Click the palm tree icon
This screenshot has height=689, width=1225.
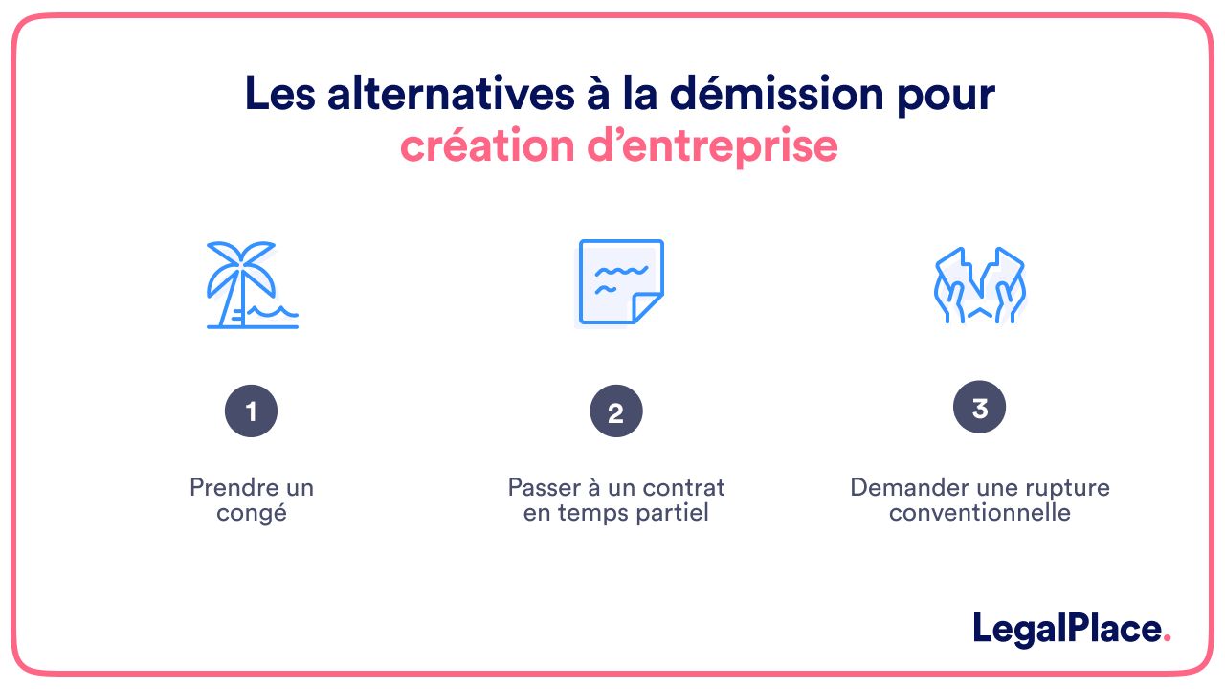click(x=241, y=284)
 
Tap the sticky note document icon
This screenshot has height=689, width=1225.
click(x=621, y=281)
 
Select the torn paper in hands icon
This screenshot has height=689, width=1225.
click(x=979, y=285)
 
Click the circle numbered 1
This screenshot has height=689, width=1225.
click(x=251, y=411)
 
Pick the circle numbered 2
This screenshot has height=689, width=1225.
click(x=615, y=411)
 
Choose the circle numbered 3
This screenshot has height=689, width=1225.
click(x=979, y=408)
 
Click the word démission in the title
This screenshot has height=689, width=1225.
click(x=776, y=94)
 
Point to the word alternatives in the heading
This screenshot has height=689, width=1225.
click(x=451, y=94)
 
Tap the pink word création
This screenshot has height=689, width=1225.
click(x=487, y=145)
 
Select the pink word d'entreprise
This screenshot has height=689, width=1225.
click(x=712, y=146)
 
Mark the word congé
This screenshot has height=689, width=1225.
click(x=252, y=514)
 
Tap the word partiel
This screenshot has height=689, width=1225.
click(x=673, y=513)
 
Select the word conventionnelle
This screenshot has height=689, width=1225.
click(x=979, y=513)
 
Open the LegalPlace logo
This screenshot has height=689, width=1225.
click(x=1072, y=630)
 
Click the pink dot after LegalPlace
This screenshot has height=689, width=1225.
click(x=1167, y=638)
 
